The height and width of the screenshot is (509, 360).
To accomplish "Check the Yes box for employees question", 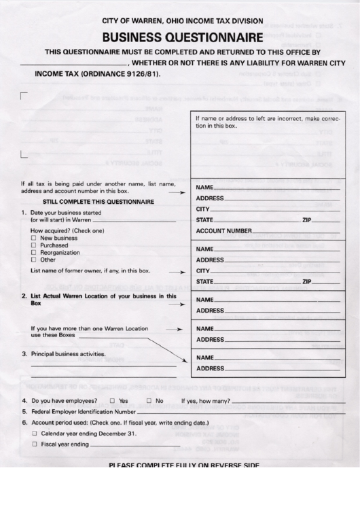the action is pyautogui.click(x=113, y=400).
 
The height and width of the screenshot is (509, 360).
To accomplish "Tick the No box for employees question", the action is pyautogui.click(x=149, y=400).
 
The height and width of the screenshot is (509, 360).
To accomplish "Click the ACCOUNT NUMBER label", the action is pyautogui.click(x=219, y=231).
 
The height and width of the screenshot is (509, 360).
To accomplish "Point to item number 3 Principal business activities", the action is pyautogui.click(x=64, y=354).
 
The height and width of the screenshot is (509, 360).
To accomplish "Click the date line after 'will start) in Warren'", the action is pyautogui.click(x=133, y=221).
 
